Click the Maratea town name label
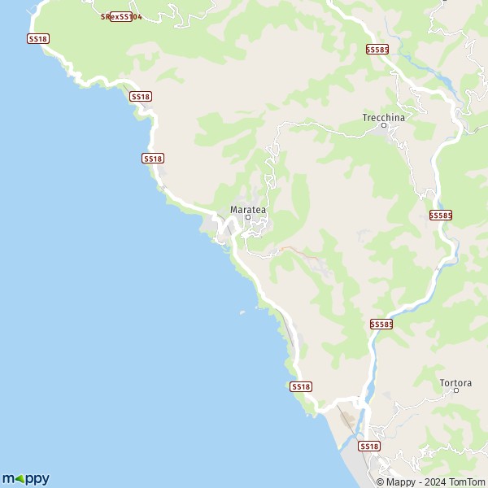click(x=248, y=209)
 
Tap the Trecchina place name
click(x=383, y=117)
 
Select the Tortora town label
click(x=455, y=381)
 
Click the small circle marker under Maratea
click(x=248, y=217)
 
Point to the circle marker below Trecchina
click(x=383, y=125)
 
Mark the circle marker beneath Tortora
click(x=456, y=390)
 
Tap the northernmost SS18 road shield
click(x=38, y=38)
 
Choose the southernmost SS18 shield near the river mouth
click(x=369, y=446)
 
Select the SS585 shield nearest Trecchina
click(x=377, y=50)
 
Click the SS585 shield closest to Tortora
click(x=381, y=324)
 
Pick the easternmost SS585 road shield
click(x=441, y=215)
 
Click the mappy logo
click(x=25, y=478)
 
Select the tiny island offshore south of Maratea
click(x=242, y=312)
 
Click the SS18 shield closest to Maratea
click(x=153, y=158)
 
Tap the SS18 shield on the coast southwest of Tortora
click(x=301, y=386)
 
